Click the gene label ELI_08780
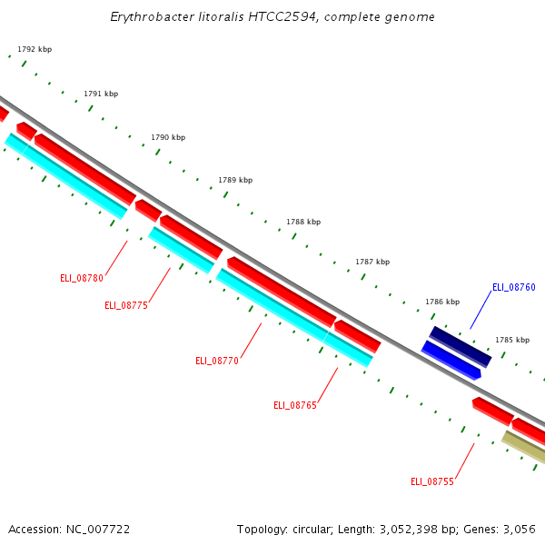[82, 278]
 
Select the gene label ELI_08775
[126, 305]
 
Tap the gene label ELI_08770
[217, 361]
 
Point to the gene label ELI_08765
[295, 405]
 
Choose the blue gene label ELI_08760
[514, 287]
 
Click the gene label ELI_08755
[432, 481]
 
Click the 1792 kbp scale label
[35, 49]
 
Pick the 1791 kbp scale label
[101, 94]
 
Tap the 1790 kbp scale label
[168, 137]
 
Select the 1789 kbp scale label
[235, 180]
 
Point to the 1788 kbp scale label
[303, 222]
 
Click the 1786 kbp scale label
[442, 302]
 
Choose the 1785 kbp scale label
[512, 340]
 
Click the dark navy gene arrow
[461, 346]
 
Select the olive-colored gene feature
[524, 447]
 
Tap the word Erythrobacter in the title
[150, 17]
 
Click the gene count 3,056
[518, 529]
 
